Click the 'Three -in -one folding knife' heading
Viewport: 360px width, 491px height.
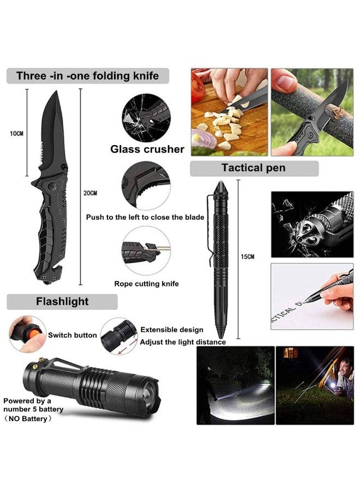pyautogui.click(x=87, y=76)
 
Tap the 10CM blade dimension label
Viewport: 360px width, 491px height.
pyautogui.click(x=17, y=133)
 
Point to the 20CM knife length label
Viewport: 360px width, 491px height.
pyautogui.click(x=91, y=193)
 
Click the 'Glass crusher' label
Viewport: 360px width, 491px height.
pyautogui.click(x=147, y=149)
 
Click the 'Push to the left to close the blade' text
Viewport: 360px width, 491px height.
pyautogui.click(x=145, y=217)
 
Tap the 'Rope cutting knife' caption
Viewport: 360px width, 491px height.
pyautogui.click(x=146, y=284)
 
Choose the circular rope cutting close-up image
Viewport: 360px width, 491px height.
pyautogui.click(x=146, y=252)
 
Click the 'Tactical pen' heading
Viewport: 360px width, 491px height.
pyautogui.click(x=253, y=168)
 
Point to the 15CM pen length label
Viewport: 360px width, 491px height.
pyautogui.click(x=247, y=256)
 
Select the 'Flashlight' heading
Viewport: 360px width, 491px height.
pyautogui.click(x=62, y=301)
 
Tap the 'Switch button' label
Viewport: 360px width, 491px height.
pyautogui.click(x=73, y=335)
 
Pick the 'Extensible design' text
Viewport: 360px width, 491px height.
pyautogui.click(x=172, y=330)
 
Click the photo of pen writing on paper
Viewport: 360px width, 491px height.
pyautogui.click(x=311, y=296)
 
